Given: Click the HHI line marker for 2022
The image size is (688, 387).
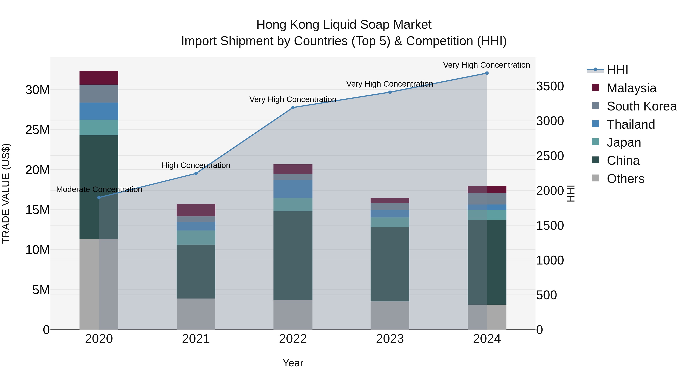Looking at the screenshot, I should [293, 108].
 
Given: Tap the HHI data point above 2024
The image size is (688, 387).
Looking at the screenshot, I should [487, 73].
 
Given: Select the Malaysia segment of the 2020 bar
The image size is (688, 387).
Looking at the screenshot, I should [99, 78].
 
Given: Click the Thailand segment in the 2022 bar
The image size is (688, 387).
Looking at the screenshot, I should [293, 189].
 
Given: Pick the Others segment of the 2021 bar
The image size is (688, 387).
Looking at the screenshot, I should [196, 314].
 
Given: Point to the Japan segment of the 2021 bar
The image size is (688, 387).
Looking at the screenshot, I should [196, 237].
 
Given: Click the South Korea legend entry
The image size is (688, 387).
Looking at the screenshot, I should [642, 106].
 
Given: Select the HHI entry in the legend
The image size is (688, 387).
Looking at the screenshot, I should [617, 70].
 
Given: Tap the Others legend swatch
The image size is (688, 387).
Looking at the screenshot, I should [595, 178].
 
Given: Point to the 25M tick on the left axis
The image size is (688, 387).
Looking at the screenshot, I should [37, 130].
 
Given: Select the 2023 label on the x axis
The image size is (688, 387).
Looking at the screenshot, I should [390, 339].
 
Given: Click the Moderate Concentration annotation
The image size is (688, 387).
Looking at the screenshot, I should [99, 189].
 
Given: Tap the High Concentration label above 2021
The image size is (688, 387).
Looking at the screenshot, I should [196, 165].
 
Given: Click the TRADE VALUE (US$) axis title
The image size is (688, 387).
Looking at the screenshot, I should [6, 193].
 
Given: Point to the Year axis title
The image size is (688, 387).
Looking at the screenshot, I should [293, 363].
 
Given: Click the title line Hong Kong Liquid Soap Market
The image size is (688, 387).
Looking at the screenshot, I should [344, 25].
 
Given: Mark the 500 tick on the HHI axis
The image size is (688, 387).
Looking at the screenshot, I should [546, 295].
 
